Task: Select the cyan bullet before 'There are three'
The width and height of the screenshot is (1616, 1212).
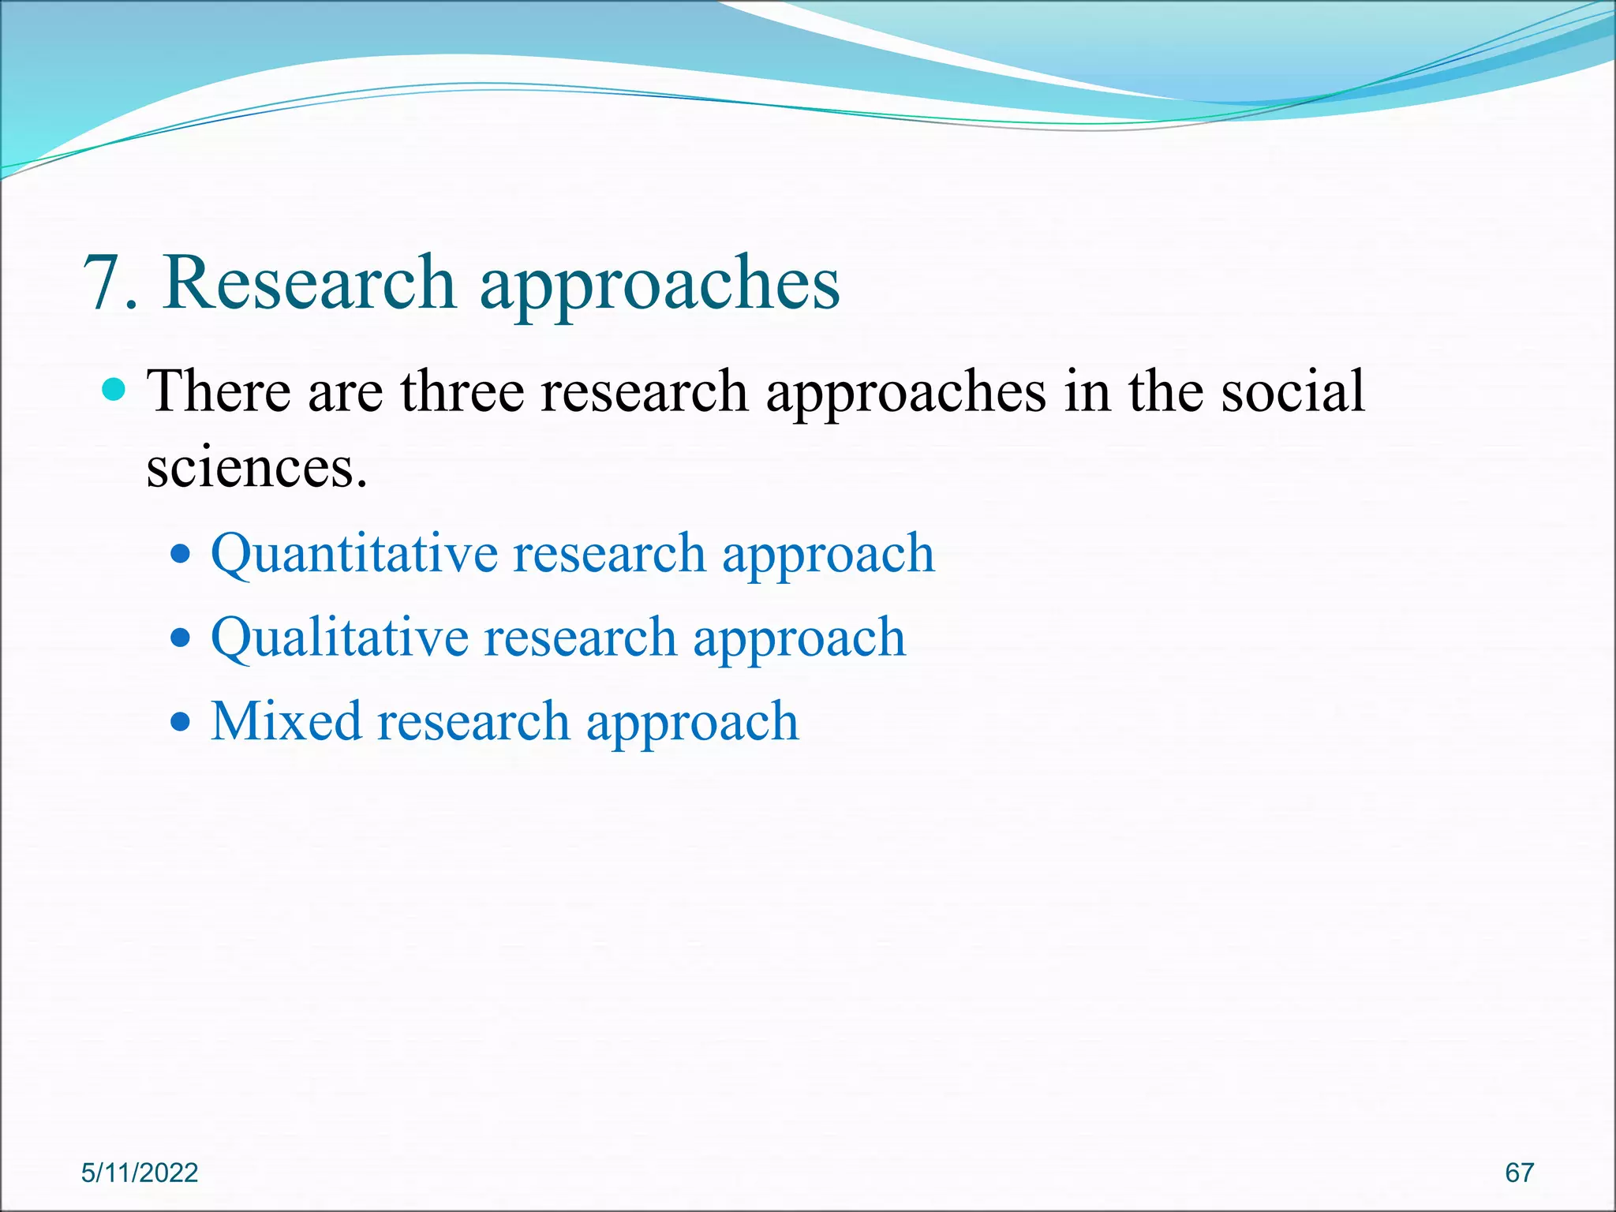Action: (114, 390)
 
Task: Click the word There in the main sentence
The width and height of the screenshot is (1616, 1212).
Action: (219, 391)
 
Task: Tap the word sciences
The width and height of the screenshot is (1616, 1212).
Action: (256, 468)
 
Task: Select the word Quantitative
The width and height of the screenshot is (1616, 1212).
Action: (353, 554)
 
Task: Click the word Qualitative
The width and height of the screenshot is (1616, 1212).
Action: (339, 638)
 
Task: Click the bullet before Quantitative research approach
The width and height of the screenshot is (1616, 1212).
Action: (181, 554)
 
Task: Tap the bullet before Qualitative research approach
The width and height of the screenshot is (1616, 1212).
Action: (181, 638)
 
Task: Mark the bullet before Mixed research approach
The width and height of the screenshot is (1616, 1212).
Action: (181, 721)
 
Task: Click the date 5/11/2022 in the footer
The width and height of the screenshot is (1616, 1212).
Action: (140, 1173)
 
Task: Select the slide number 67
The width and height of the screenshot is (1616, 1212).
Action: (1519, 1173)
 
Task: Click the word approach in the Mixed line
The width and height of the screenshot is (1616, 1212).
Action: (692, 724)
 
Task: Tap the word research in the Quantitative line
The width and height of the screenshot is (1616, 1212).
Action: (609, 554)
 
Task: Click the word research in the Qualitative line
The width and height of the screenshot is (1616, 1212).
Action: (580, 638)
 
